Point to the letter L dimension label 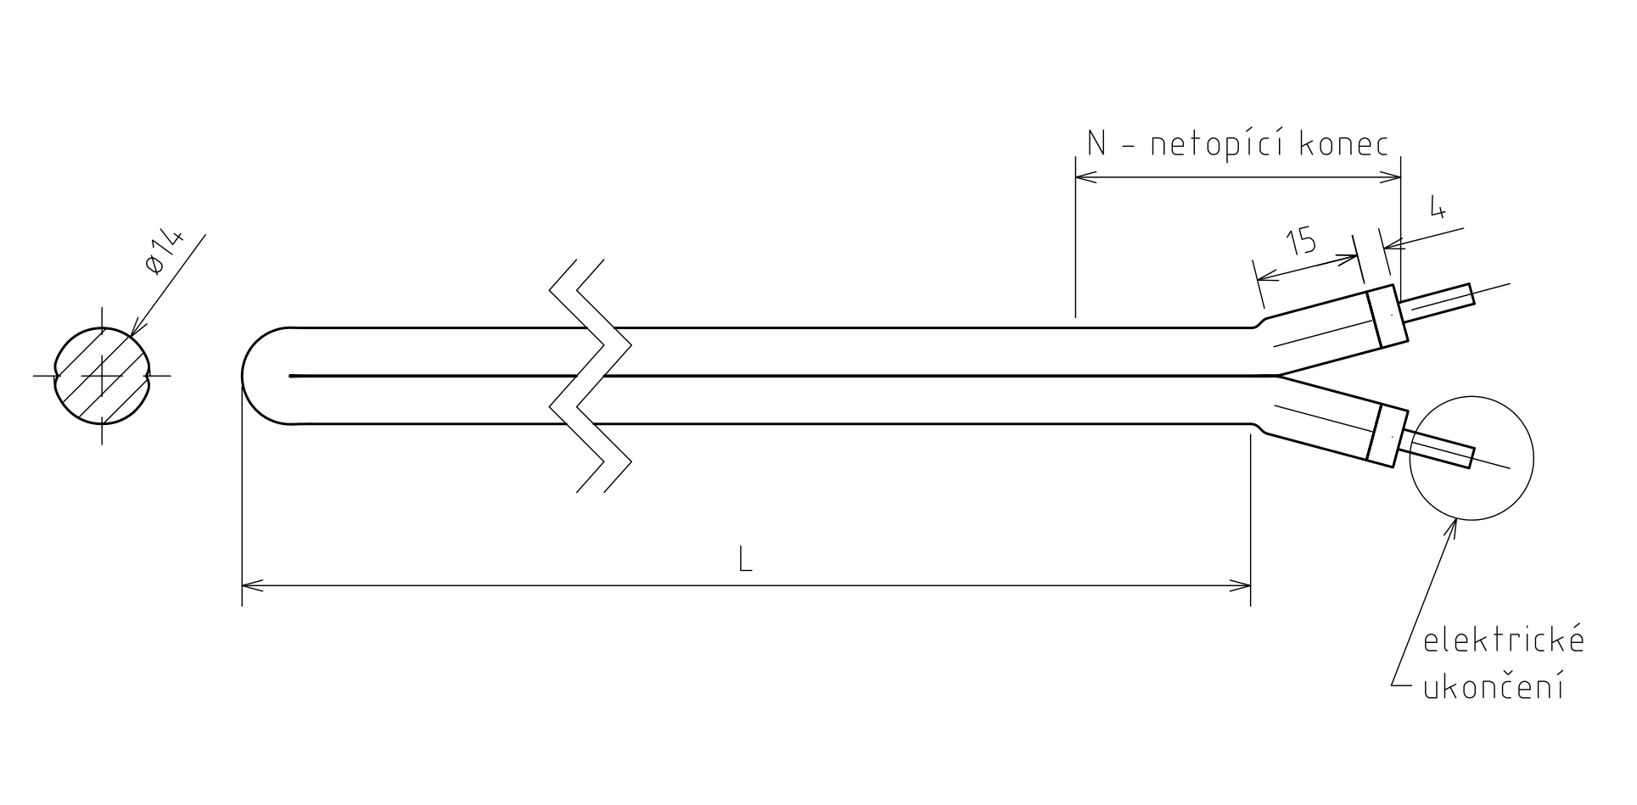(745, 558)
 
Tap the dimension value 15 (1301, 242)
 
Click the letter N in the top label (1096, 143)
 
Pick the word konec (1343, 143)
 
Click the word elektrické (1503, 640)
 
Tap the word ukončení (1493, 686)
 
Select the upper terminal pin (1438, 302)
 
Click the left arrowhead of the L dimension (252, 585)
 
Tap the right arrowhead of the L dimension (1241, 585)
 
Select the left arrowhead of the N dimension (1086, 177)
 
